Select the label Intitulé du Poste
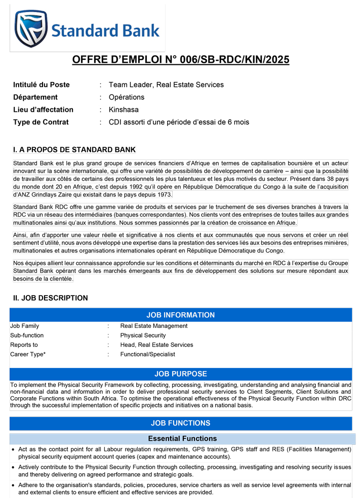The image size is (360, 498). (x=42, y=85)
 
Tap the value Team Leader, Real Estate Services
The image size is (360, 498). (x=166, y=85)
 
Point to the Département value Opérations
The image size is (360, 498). (x=127, y=97)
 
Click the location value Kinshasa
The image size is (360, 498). (x=124, y=109)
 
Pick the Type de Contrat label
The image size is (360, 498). (x=41, y=122)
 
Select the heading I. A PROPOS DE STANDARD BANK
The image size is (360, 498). (x=74, y=150)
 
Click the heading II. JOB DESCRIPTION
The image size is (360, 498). (x=51, y=298)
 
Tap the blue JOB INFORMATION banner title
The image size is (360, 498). (x=180, y=315)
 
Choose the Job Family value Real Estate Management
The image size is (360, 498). (x=154, y=326)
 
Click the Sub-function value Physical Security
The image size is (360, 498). (x=143, y=336)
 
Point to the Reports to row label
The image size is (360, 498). (x=24, y=345)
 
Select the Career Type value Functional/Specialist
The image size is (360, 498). (x=148, y=354)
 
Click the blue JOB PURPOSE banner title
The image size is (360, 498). (x=180, y=374)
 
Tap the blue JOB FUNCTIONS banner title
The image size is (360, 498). (x=180, y=423)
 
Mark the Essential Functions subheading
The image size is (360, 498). (x=182, y=438)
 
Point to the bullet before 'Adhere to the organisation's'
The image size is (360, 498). (x=13, y=486)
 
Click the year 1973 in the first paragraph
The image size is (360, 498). (x=165, y=194)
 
